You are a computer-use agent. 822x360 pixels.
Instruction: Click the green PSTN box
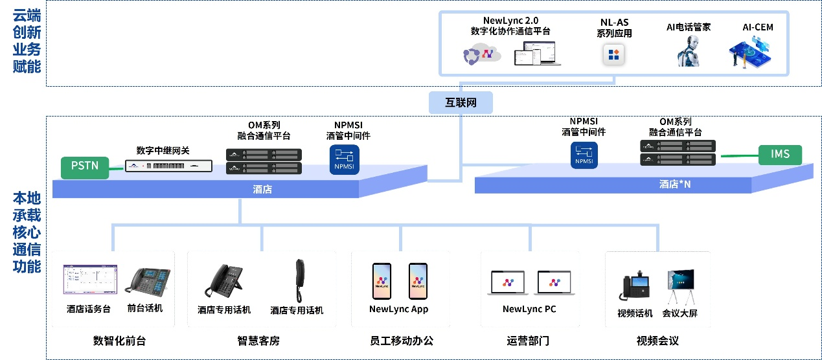(85, 166)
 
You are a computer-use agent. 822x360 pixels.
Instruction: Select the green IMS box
(780, 155)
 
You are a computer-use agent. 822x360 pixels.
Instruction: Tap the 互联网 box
(461, 103)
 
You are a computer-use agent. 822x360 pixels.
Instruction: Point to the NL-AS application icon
(613, 54)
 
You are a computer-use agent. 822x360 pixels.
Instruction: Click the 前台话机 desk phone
(147, 282)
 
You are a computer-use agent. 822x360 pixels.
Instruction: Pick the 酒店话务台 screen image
(90, 281)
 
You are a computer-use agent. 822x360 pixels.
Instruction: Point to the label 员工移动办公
(401, 341)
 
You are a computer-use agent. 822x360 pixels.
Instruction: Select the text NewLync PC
(529, 309)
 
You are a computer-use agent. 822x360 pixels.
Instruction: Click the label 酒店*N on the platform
(675, 185)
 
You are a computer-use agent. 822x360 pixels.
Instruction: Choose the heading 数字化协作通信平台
(511, 30)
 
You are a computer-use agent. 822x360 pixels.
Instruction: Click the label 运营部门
(528, 341)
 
